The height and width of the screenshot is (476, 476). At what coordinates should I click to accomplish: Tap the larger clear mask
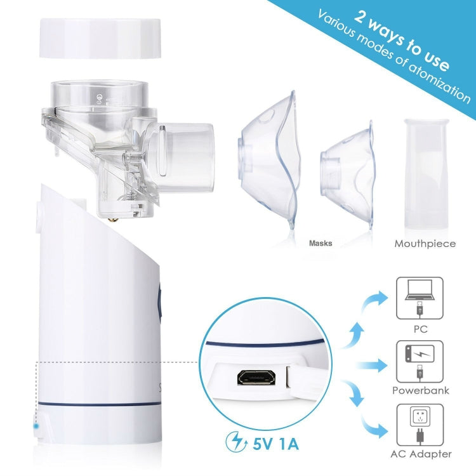(267, 159)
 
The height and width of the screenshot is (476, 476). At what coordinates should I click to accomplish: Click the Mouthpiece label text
(425, 243)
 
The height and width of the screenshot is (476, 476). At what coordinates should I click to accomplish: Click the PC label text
(420, 329)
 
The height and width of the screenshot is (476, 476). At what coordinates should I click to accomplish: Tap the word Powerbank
(420, 391)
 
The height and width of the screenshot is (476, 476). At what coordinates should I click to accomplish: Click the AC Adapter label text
(420, 454)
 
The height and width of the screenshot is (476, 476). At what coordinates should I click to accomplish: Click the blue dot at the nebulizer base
(36, 426)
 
